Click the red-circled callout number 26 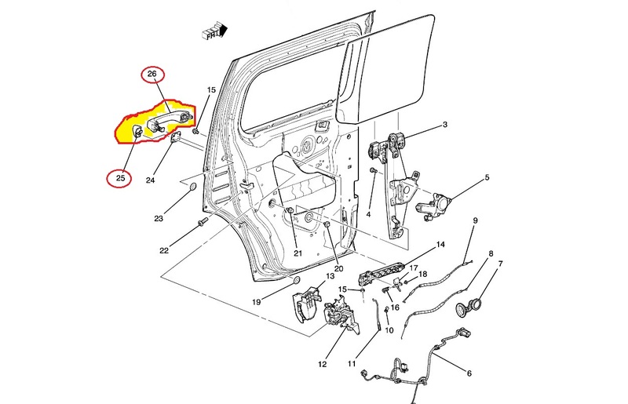tap(152, 74)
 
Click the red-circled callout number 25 tap(121, 178)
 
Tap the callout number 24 tap(150, 180)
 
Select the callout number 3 tap(445, 125)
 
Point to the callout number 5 tap(487, 177)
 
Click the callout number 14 tap(440, 244)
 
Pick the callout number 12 tap(323, 364)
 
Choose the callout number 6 tap(469, 373)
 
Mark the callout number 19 tap(257, 302)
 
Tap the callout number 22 tap(164, 251)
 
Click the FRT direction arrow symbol tap(214, 31)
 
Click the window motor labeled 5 tap(434, 206)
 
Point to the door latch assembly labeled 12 tap(341, 315)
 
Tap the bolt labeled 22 tap(203, 222)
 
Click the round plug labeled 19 tap(298, 280)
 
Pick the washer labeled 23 tap(192, 187)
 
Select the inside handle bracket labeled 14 tap(382, 273)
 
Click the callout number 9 tap(476, 220)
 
